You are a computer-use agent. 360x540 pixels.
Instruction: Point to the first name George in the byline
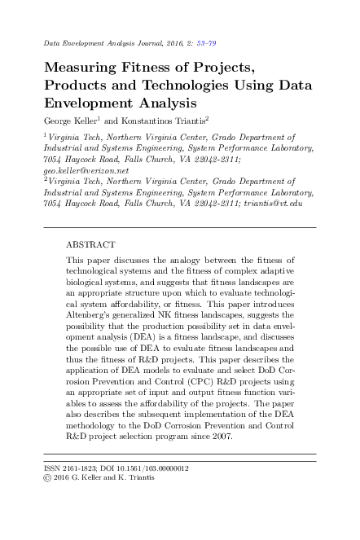60,121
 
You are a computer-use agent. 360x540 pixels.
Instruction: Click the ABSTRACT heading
90,244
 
